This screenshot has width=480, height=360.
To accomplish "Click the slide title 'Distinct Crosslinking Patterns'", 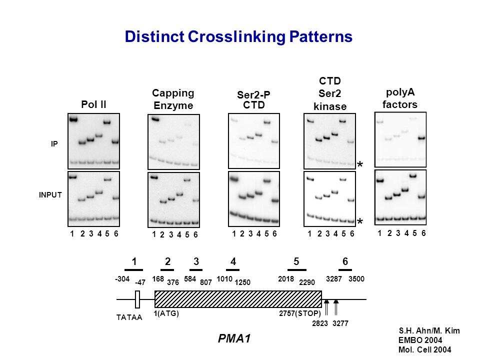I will (x=238, y=37).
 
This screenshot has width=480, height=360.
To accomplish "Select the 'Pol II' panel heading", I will (x=93, y=104).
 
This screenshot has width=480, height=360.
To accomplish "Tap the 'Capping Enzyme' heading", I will (x=173, y=99).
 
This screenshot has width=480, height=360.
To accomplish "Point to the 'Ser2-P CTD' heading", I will (x=253, y=100).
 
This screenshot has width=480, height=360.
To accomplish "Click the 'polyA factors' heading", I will (x=400, y=98).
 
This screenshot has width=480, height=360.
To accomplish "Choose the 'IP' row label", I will (x=54, y=144).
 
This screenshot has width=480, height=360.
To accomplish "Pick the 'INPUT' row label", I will (x=50, y=195).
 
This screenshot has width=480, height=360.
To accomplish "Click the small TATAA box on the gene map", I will (x=137, y=299).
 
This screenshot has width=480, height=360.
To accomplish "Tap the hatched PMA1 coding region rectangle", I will (x=238, y=299).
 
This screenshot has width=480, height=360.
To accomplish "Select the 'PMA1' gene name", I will (x=234, y=339).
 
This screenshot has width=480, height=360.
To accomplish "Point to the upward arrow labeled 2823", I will (x=326, y=306).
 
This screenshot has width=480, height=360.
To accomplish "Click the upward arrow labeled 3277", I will (x=336, y=306).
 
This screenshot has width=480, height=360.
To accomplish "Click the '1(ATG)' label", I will (x=166, y=313).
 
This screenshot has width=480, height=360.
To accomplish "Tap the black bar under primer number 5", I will (x=296, y=270).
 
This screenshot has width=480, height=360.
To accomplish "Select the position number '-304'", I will (x=122, y=278).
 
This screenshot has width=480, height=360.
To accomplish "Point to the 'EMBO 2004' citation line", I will (x=416, y=340).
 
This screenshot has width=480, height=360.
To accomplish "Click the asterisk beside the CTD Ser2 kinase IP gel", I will (x=360, y=164).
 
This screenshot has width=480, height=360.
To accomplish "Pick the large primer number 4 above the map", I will (x=233, y=261).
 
